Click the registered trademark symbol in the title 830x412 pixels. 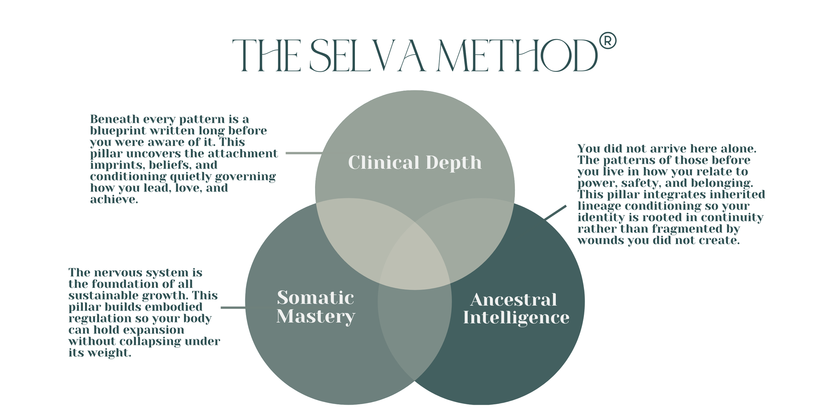tap(608, 41)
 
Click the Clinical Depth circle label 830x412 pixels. tap(415, 162)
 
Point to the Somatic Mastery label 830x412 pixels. tap(316, 307)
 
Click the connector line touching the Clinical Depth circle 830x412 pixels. tap(304, 153)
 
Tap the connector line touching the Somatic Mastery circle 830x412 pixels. tap(233, 308)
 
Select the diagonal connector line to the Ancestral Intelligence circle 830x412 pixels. tap(555, 213)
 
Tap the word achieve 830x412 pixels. tap(114, 199)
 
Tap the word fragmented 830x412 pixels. tap(684, 229)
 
